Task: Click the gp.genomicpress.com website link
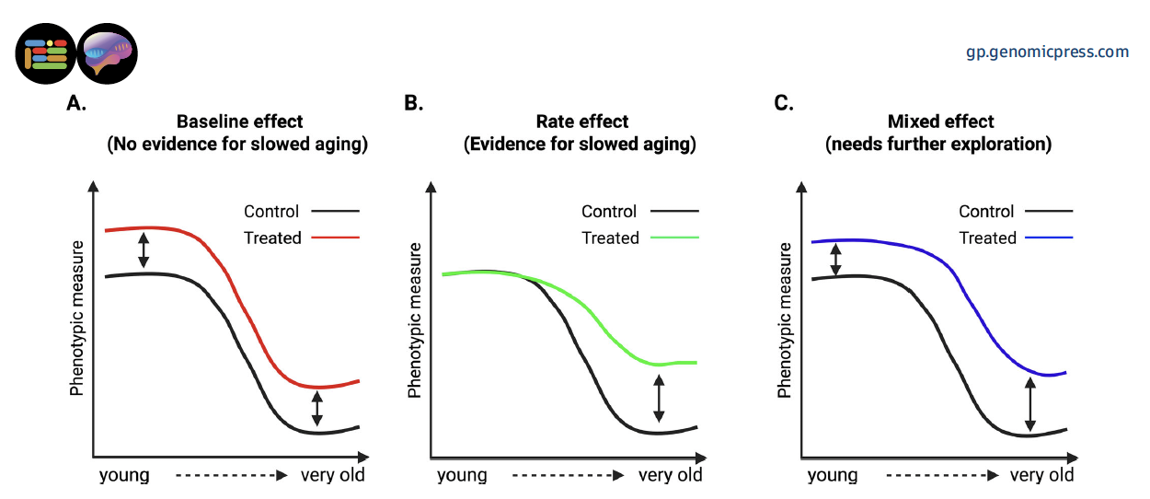(x=1047, y=52)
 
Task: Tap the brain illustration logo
(x=108, y=53)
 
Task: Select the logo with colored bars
(x=46, y=53)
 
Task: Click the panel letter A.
(x=76, y=103)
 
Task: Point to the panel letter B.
(x=414, y=103)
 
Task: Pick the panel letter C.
(x=784, y=103)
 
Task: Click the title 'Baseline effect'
(x=240, y=122)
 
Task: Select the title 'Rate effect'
(x=582, y=122)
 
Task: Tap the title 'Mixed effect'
(x=941, y=122)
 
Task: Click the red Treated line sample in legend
(x=335, y=238)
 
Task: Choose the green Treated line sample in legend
(x=674, y=238)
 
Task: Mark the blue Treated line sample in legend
(x=1049, y=238)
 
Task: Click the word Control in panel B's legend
(x=609, y=211)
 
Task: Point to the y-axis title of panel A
(x=76, y=319)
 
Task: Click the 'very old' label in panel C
(x=1041, y=475)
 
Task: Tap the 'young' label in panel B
(x=462, y=475)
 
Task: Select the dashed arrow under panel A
(x=232, y=475)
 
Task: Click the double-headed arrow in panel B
(x=659, y=399)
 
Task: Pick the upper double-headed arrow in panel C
(x=835, y=260)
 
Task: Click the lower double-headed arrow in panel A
(x=317, y=409)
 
